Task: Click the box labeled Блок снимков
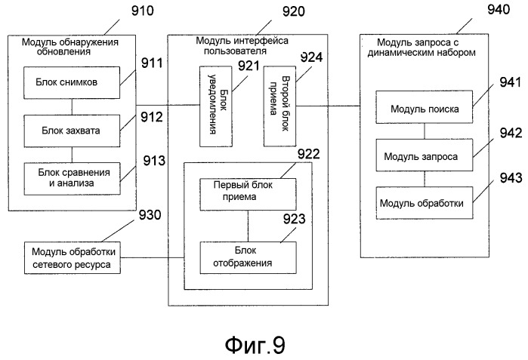click(71, 80)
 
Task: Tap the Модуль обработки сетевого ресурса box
click(71, 257)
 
